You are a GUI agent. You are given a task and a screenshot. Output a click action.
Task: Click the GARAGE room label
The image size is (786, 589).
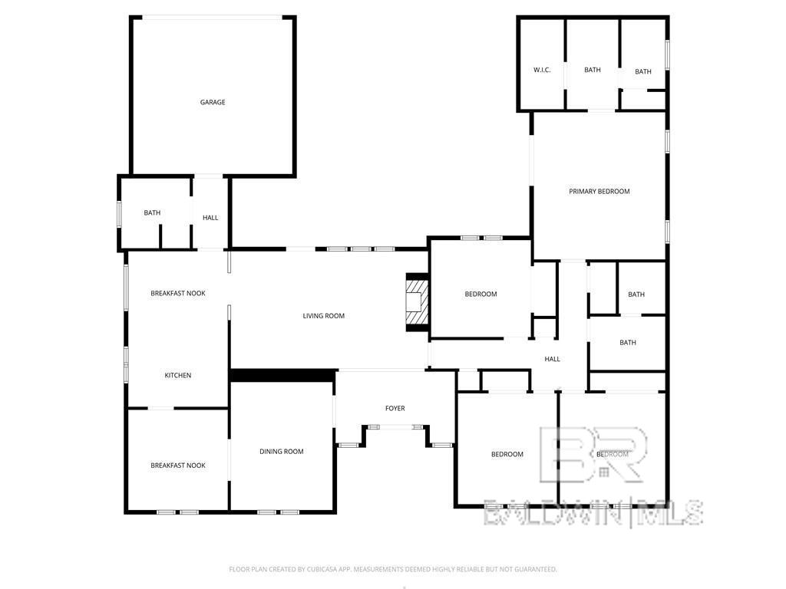pyautogui.click(x=213, y=102)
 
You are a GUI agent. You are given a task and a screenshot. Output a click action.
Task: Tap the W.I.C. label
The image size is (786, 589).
pyautogui.click(x=542, y=70)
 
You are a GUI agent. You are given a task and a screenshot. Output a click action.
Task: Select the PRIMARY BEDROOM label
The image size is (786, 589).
pyautogui.click(x=599, y=191)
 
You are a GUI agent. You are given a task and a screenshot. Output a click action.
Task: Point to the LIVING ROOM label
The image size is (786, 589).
pyautogui.click(x=323, y=316)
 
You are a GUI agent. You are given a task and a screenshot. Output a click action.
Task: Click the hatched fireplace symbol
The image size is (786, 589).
pyautogui.click(x=417, y=302)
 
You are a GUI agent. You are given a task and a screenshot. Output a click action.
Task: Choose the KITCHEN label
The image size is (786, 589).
pyautogui.click(x=178, y=375)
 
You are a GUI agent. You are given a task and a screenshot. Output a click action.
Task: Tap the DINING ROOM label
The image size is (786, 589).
pyautogui.click(x=281, y=452)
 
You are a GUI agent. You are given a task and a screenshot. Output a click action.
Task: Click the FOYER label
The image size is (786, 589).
pyautogui.click(x=395, y=409)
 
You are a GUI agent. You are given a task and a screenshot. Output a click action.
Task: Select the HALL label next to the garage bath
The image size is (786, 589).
pyautogui.click(x=210, y=218)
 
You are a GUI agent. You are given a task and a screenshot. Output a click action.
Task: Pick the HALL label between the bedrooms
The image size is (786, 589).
pyautogui.click(x=553, y=359)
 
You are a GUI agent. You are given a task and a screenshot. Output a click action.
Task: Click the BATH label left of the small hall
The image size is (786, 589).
pyautogui.click(x=152, y=213)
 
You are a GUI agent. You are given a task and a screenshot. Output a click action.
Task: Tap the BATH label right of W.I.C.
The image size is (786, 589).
pyautogui.click(x=593, y=70)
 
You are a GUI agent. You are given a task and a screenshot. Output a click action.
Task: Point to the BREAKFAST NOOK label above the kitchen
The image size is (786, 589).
pyautogui.click(x=178, y=294)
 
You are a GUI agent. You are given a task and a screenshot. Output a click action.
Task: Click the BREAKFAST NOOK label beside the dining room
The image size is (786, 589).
pyautogui.click(x=178, y=466)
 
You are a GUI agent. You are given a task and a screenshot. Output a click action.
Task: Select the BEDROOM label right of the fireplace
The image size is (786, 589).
pyautogui.click(x=481, y=294)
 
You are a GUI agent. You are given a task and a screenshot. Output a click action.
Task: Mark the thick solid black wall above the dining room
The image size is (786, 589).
pyautogui.click(x=283, y=376)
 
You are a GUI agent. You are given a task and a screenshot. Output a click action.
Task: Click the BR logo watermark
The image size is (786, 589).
pyautogui.click(x=593, y=454)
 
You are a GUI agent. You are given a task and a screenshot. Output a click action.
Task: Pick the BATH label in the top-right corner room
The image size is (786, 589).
pyautogui.click(x=643, y=72)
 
